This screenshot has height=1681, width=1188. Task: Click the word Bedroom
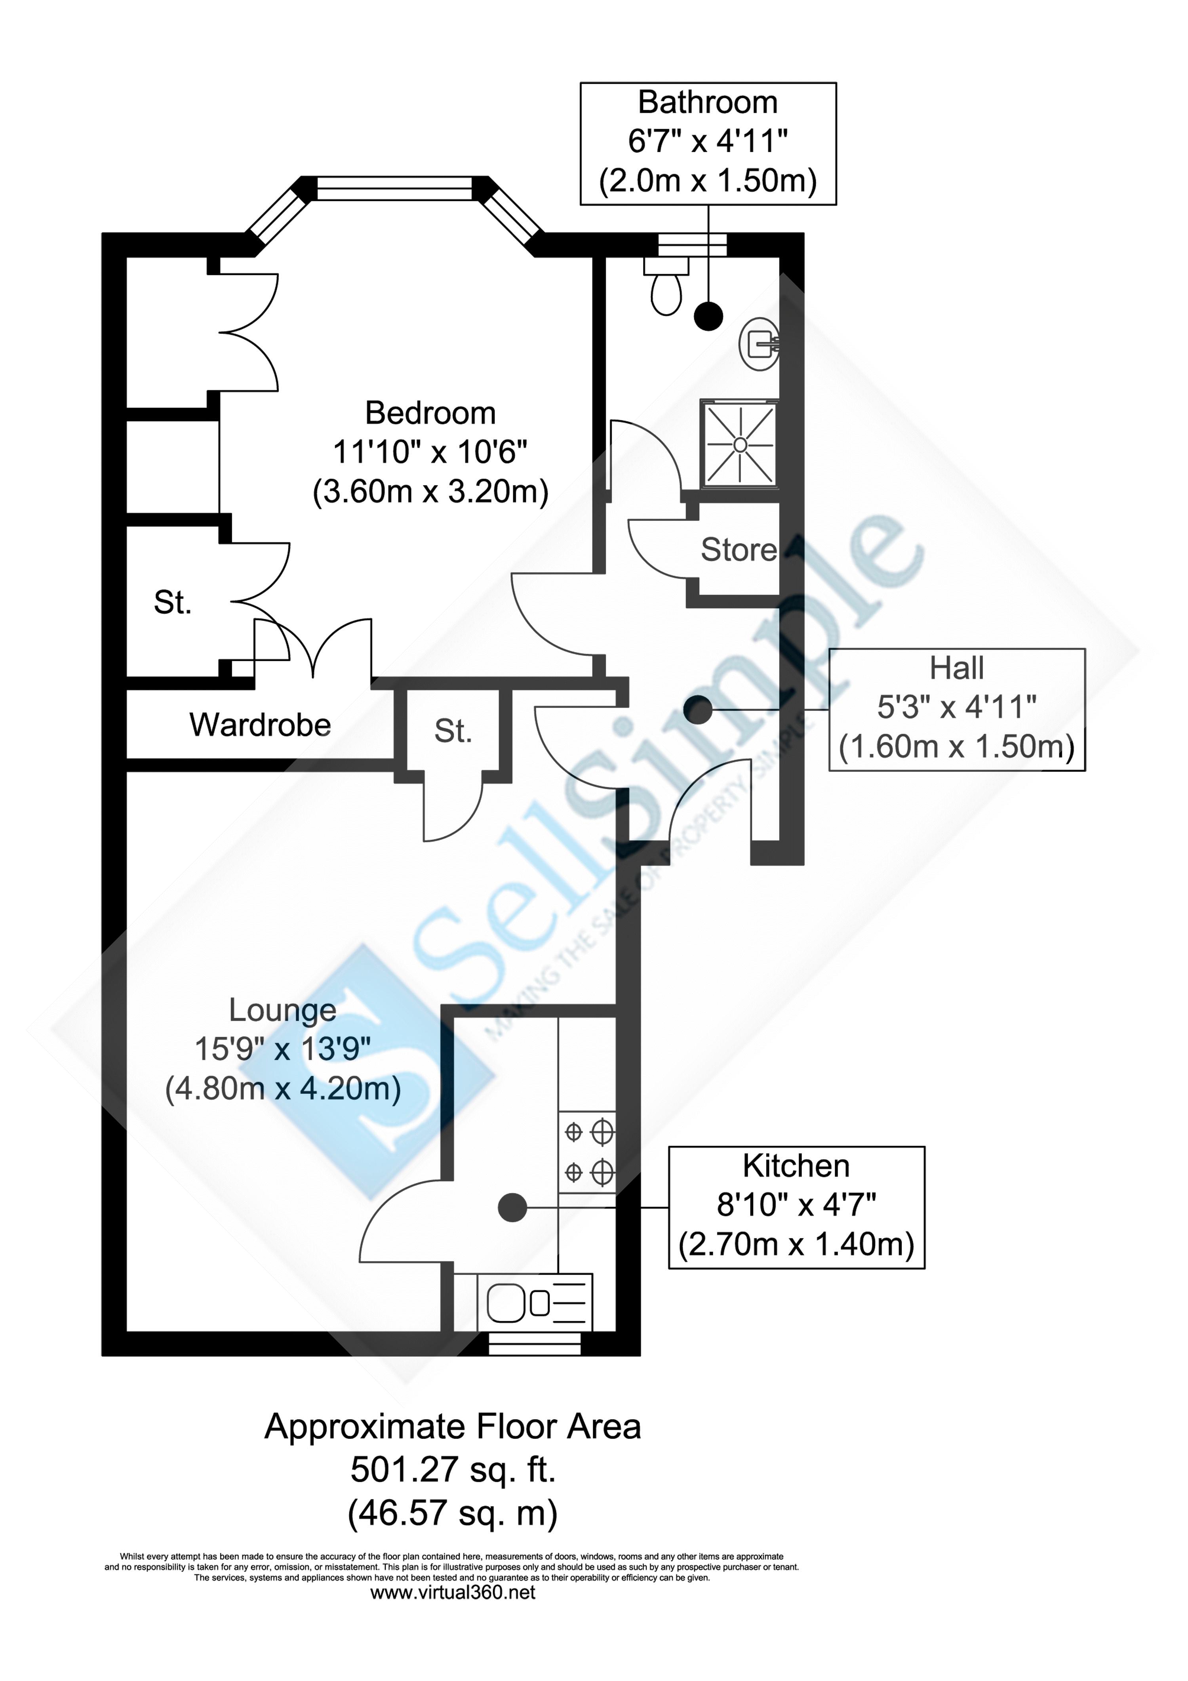click(x=430, y=414)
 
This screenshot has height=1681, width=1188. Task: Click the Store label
click(x=738, y=550)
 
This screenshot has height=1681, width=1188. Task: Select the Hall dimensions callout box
click(x=957, y=709)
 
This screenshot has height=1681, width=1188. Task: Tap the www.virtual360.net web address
click(x=453, y=1592)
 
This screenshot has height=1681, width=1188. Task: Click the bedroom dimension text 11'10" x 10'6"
click(x=430, y=452)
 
